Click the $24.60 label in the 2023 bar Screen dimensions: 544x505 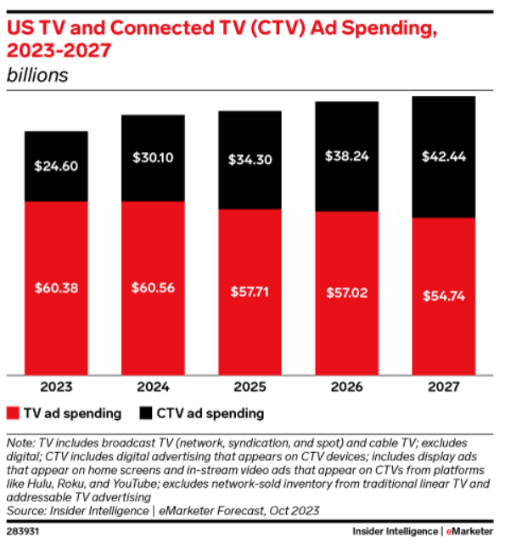coord(56,167)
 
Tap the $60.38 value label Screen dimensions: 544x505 coord(56,287)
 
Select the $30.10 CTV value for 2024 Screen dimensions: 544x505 coord(153,158)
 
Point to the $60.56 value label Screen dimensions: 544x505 coord(153,287)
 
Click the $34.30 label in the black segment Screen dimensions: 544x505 coord(250,159)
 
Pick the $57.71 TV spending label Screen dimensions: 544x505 coord(250,291)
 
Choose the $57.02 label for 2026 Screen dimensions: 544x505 coord(347,293)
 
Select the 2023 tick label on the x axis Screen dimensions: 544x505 coord(56,388)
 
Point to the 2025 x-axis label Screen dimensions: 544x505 coord(250,388)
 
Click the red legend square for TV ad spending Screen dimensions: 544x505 coord(14,414)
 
